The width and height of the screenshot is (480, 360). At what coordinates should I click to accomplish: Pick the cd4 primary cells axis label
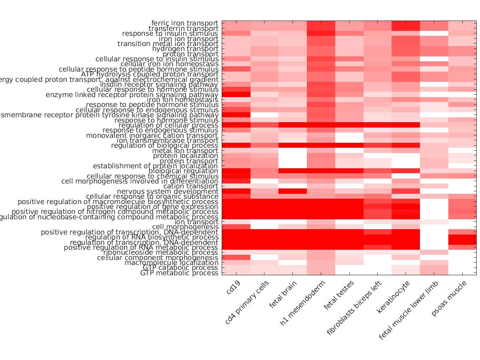click(247, 302)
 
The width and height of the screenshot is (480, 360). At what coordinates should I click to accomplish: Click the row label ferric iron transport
click(185, 23)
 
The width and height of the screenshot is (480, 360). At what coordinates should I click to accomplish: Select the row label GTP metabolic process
click(179, 273)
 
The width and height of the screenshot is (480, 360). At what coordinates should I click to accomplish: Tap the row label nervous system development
click(168, 191)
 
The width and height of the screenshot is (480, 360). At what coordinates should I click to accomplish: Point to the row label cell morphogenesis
click(186, 227)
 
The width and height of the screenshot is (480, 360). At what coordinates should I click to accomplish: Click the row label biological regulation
click(183, 171)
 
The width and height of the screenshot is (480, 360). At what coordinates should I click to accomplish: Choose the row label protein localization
click(186, 156)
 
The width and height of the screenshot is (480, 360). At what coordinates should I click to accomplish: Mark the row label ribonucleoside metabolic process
click(161, 252)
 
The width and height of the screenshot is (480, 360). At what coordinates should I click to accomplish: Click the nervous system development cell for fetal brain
click(292, 191)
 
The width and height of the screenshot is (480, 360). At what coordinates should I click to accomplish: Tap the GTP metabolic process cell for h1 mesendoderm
click(321, 273)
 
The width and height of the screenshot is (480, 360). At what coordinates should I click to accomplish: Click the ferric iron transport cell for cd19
click(236, 23)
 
